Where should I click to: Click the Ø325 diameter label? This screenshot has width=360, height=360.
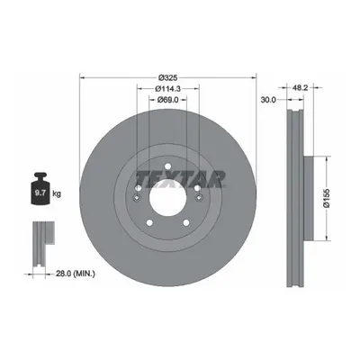[168, 78]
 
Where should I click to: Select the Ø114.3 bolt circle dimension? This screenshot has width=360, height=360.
[167, 88]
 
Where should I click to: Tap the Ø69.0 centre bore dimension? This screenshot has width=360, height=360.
[168, 100]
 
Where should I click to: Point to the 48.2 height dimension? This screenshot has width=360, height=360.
[300, 87]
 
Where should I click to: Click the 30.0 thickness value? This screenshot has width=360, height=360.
[268, 100]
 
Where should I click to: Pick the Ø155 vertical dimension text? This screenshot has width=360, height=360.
[327, 198]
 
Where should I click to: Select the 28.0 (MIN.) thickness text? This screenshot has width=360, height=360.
[76, 274]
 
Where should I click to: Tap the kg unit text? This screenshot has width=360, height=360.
[57, 193]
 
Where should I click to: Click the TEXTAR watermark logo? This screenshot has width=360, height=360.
[181, 179]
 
